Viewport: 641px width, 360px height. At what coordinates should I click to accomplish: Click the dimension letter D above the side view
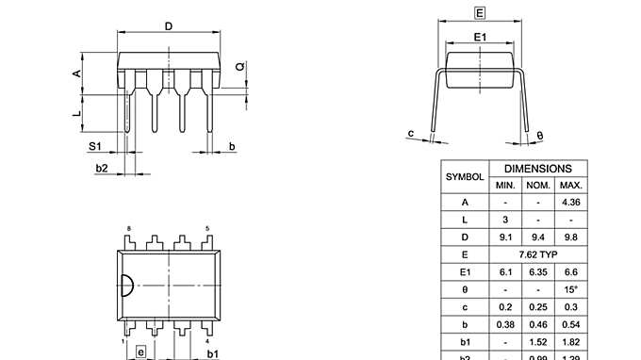point(168,26)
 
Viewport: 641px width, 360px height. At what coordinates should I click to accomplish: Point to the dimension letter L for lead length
point(77,113)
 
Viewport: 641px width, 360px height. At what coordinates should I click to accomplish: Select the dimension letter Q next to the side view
point(239,67)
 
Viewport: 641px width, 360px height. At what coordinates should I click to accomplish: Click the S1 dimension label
point(94,146)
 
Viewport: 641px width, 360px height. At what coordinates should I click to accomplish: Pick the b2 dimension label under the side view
point(102,168)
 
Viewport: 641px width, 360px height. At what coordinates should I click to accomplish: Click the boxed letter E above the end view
point(480,13)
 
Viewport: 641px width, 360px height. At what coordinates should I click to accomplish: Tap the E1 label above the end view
point(480,37)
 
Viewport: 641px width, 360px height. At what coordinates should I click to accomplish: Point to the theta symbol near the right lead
point(539,137)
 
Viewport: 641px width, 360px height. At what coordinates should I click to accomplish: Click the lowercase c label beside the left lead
point(411,133)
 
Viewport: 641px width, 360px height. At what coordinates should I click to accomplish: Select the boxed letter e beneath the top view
point(141,352)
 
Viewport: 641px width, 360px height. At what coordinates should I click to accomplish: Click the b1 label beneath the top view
point(213,352)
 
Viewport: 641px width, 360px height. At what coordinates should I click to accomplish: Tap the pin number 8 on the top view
point(129,229)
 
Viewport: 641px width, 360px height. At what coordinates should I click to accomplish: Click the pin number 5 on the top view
point(207,229)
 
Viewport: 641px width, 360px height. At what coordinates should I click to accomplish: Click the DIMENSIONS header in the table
point(538,167)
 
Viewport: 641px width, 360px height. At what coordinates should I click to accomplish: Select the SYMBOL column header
point(465,176)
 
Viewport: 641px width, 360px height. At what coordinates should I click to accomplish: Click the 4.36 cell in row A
point(570,203)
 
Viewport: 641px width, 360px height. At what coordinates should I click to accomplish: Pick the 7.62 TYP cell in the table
point(538,254)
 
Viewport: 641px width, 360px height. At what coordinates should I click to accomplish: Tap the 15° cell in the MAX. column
point(570,289)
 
